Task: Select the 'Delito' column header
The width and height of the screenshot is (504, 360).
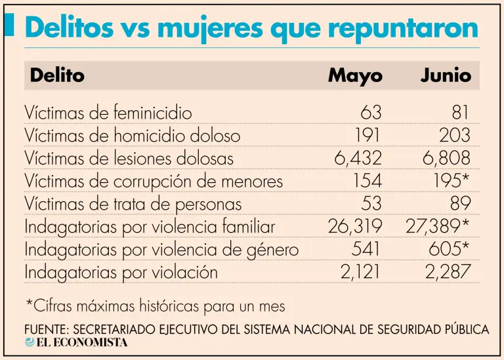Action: click(x=57, y=75)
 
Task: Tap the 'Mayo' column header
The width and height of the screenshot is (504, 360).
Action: click(x=355, y=75)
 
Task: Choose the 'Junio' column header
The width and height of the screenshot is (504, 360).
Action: click(x=446, y=75)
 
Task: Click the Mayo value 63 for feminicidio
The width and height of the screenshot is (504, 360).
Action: click(x=371, y=113)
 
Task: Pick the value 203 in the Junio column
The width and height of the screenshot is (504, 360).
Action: click(x=455, y=136)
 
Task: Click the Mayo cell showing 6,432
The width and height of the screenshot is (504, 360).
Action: click(x=358, y=158)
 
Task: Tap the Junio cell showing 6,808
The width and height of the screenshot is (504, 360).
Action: click(x=447, y=158)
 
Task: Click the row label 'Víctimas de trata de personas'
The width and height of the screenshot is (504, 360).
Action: click(x=133, y=204)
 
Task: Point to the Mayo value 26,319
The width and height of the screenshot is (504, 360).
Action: click(x=354, y=226)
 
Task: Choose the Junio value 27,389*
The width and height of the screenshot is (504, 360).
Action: click(x=438, y=226)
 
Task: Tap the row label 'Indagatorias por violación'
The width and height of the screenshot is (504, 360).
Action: click(x=121, y=272)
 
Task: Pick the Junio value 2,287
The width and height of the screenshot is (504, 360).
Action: click(x=448, y=272)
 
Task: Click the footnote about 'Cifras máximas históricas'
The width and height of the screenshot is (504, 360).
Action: click(x=156, y=306)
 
